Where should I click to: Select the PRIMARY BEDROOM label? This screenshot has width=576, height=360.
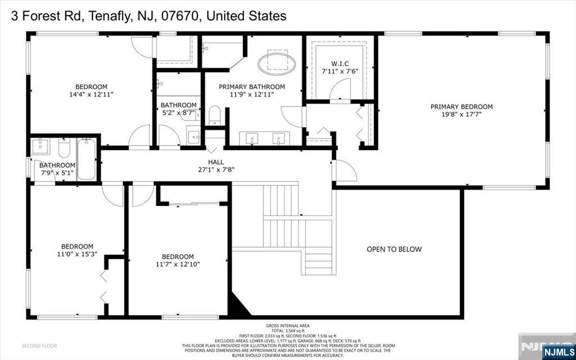pyautogui.click(x=461, y=106)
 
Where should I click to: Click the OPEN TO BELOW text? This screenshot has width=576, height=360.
pyautogui.click(x=394, y=249)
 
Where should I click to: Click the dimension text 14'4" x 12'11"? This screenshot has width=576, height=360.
pyautogui.click(x=87, y=94)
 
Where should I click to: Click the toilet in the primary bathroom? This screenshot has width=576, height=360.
pyautogui.click(x=215, y=116)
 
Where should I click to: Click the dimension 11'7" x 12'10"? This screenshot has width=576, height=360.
pyautogui.click(x=178, y=264)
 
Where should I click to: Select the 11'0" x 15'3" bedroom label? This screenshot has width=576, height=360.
pyautogui.click(x=77, y=246)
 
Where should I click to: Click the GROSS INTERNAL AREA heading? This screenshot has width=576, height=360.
pyautogui.click(x=287, y=326)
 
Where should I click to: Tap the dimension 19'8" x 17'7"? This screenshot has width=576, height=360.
pyautogui.click(x=461, y=114)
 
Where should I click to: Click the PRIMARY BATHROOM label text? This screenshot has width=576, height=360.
pyautogui.click(x=251, y=87)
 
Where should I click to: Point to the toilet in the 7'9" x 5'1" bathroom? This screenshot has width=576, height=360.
pyautogui.click(x=64, y=148)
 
